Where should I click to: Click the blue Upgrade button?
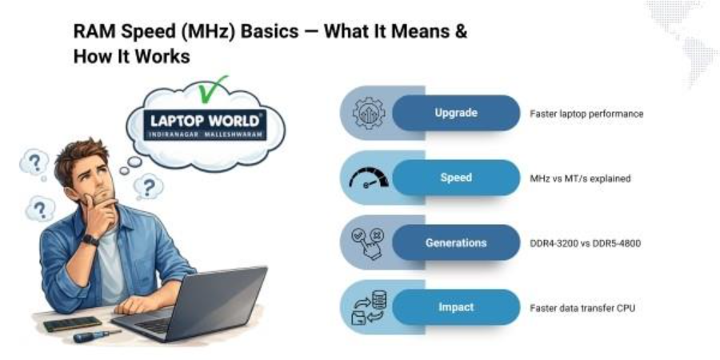[455, 113]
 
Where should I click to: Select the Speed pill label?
[455, 178]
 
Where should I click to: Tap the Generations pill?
[455, 242]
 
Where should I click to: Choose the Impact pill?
[455, 307]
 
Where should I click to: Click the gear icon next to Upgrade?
[369, 113]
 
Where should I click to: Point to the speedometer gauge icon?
[369, 178]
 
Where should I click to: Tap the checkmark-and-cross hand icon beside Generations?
[368, 242]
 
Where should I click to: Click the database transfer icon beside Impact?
[369, 308]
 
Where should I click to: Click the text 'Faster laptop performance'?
[586, 114]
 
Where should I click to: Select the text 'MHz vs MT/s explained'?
[580, 178]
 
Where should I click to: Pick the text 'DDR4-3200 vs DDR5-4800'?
[585, 243]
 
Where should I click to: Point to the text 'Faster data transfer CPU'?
[582, 308]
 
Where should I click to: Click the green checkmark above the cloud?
[212, 89]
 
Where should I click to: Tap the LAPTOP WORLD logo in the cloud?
[204, 125]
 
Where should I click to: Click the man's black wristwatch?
[90, 240]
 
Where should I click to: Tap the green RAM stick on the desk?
[73, 324]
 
